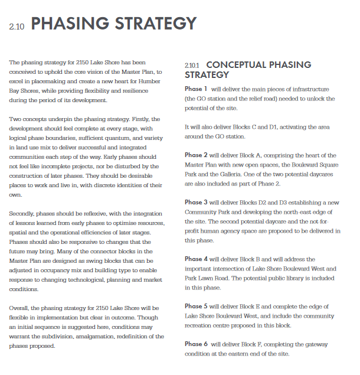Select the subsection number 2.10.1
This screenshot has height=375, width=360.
pos(192,65)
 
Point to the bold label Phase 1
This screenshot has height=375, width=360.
pos(197,89)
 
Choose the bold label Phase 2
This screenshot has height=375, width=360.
pos(197,155)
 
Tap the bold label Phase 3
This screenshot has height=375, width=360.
pos(197,203)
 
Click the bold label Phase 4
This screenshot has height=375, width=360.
pos(197,259)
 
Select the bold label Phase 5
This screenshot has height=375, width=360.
pos(197,306)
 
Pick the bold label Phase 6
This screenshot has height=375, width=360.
pos(197,344)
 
